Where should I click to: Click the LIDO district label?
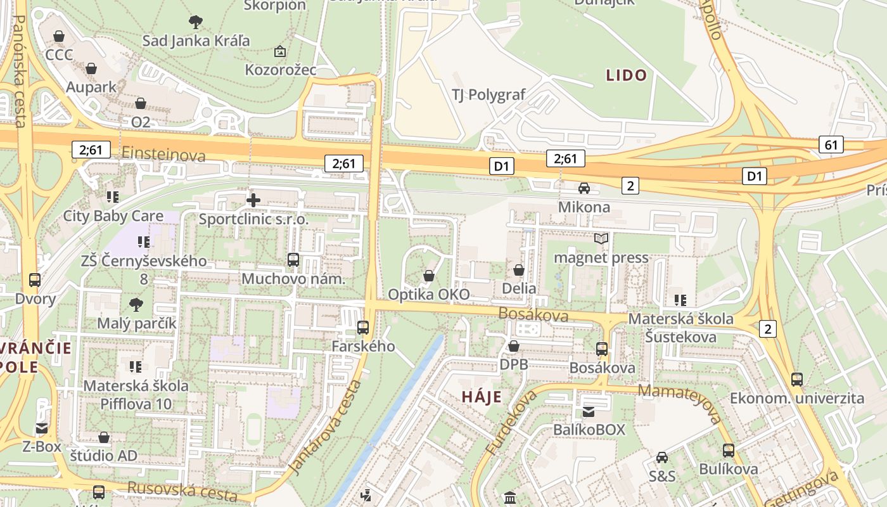627,75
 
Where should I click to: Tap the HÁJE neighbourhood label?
482,397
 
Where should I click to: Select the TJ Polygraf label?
488,95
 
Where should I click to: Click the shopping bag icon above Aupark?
91,68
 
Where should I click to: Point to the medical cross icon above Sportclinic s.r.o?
253,201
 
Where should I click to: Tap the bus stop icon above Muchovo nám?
293,259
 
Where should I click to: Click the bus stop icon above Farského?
363,328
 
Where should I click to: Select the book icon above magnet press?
601,239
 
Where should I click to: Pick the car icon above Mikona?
584,188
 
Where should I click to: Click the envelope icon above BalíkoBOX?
589,411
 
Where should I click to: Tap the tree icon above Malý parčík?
136,305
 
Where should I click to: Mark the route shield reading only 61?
831,144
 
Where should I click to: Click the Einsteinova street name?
163,155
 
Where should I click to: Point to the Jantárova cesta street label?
326,427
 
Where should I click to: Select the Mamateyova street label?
680,402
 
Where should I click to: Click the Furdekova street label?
511,422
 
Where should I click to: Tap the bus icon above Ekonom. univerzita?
797,380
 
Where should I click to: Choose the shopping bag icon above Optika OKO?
429,276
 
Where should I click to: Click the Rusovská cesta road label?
182,491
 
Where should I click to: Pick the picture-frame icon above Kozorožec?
279,51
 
